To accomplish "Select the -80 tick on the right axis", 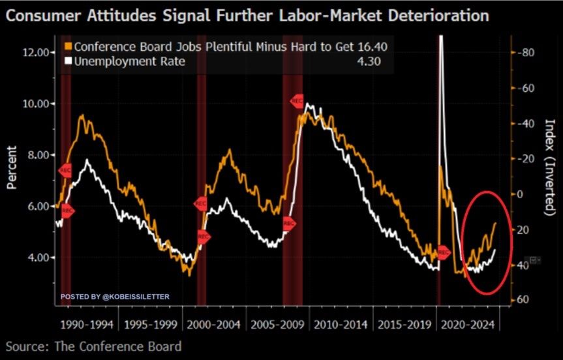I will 526,52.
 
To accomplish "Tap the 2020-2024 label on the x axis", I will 468,324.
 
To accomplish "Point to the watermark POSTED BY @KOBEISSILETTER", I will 115,297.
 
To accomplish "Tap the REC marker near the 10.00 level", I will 297,101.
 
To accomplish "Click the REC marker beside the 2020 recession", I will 444,252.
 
